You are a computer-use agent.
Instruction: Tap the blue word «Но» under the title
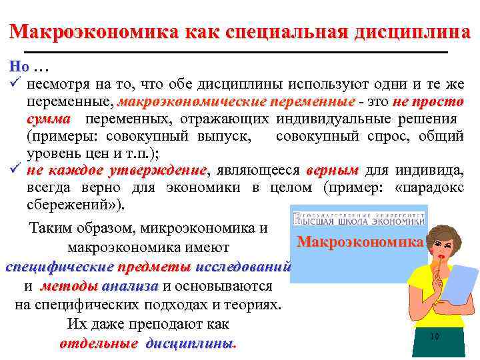19,68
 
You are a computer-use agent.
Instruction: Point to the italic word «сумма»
49,119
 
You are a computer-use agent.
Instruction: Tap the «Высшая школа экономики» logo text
359,219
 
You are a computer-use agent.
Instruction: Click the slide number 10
434,337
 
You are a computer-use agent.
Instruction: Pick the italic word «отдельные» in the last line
99,344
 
